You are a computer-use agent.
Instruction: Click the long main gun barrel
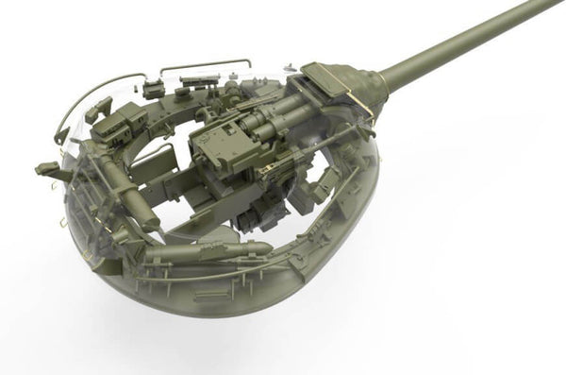462,47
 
